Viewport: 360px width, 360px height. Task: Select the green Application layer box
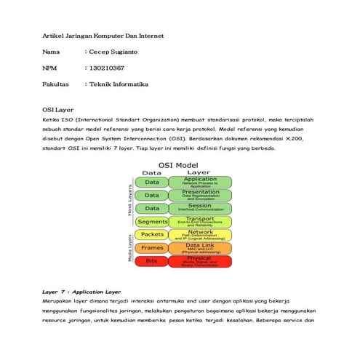point(200,182)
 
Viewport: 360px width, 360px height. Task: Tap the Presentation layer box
point(200,195)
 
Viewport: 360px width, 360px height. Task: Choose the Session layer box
point(200,208)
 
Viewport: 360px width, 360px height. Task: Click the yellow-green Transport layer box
point(200,221)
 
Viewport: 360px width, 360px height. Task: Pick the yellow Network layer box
point(200,234)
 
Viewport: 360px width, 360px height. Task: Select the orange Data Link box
point(200,248)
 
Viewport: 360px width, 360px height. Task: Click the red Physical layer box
point(200,260)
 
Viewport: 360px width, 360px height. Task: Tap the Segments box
point(153,221)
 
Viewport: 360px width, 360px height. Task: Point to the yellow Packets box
point(153,234)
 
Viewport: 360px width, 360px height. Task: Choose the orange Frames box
point(153,248)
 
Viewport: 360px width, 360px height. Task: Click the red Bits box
point(153,260)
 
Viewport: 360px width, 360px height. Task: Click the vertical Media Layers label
point(131,247)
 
